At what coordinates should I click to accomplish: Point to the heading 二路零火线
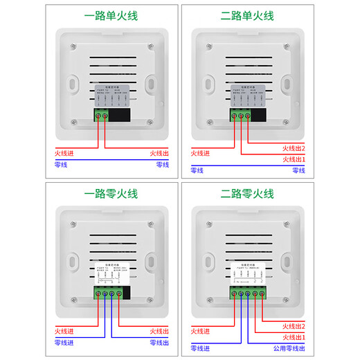click(x=247, y=194)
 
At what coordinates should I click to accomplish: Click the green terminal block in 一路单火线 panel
click(x=102, y=115)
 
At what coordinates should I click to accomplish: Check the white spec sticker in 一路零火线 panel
click(x=111, y=273)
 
